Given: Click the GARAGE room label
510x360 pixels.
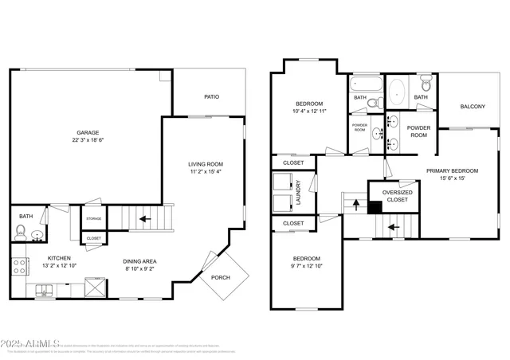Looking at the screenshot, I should click(88, 132).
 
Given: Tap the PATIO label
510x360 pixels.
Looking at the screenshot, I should click(211, 97).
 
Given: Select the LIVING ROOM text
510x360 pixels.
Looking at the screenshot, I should click(206, 163).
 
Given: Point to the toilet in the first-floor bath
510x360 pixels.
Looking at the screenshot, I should click(21, 233).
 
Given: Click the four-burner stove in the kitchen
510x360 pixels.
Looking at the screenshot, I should click(18, 266).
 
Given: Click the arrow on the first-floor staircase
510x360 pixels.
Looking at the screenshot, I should click(144, 216).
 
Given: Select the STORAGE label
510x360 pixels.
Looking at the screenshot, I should click(94, 217).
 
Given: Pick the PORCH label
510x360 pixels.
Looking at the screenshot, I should click(220, 277).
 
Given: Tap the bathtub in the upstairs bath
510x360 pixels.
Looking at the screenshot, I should click(367, 84).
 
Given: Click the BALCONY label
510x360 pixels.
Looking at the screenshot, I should click(473, 106).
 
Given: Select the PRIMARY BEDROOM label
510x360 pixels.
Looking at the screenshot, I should click(452, 170).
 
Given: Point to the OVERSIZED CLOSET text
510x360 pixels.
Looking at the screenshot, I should click(397, 196).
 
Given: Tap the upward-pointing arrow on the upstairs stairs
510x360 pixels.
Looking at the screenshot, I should click(355, 203).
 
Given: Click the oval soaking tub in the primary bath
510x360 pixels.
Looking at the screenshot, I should click(398, 92).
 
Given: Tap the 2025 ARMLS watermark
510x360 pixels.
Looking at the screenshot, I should click(32, 343).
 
